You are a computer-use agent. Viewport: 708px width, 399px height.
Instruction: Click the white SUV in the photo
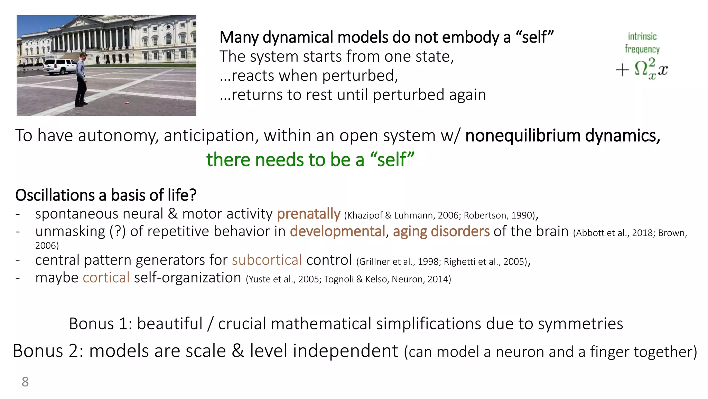[x=60, y=66]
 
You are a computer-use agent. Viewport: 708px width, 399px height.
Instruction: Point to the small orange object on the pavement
[x=127, y=103]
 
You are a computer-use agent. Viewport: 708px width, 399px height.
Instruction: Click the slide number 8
[x=25, y=382]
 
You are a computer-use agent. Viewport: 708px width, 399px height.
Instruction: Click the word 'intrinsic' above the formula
[x=642, y=36]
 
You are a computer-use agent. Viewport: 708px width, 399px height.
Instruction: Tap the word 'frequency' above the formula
[x=642, y=49]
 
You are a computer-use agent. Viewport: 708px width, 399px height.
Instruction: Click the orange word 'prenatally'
[x=308, y=214]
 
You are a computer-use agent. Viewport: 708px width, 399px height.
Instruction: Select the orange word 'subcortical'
[x=267, y=260]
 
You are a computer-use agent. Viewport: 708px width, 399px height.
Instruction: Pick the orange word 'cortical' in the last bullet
[x=106, y=277]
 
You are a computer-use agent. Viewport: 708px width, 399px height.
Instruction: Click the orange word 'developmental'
[x=337, y=231]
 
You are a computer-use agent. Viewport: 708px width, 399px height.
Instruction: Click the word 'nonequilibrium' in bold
[x=523, y=135]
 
